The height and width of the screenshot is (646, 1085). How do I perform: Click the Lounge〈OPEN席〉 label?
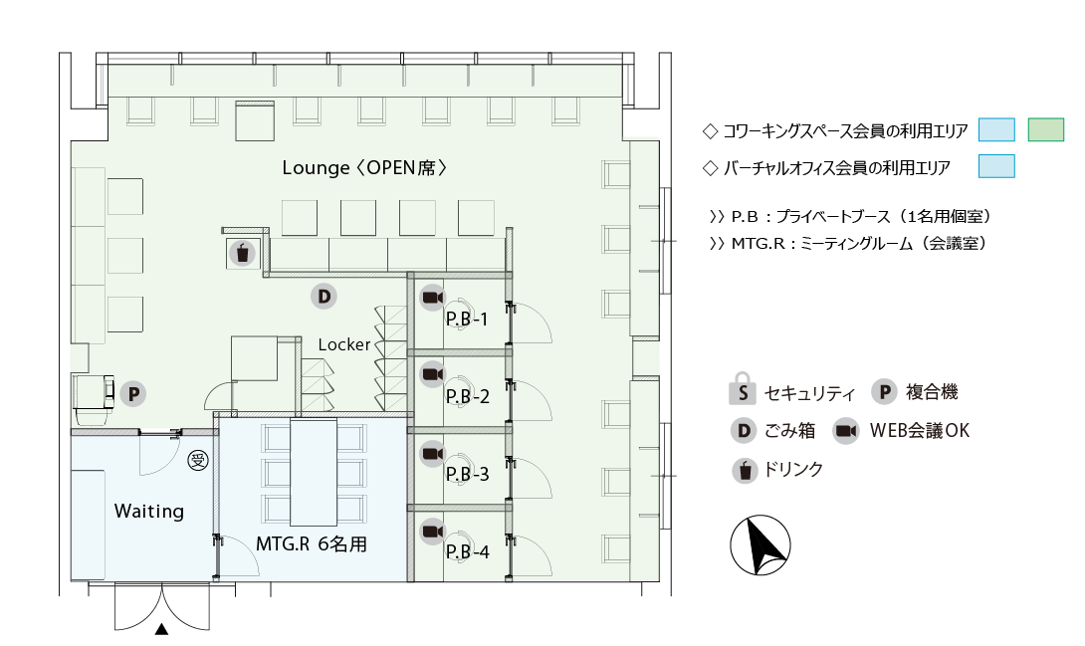tap(364, 168)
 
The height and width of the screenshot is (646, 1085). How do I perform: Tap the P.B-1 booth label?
tap(467, 319)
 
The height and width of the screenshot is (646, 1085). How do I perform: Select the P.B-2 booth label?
tap(467, 396)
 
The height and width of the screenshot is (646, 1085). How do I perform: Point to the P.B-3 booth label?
tap(467, 474)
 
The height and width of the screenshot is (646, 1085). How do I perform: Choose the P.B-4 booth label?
tap(467, 551)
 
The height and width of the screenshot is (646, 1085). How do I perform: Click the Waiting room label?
tap(148, 512)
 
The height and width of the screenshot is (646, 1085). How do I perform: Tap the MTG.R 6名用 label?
tap(312, 544)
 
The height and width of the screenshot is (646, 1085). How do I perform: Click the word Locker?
tap(343, 344)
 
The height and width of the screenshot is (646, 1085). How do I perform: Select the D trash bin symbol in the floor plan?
tap(324, 297)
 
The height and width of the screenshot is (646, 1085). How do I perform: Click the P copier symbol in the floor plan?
tap(133, 394)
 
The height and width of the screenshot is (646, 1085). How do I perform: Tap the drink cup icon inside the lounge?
tap(242, 253)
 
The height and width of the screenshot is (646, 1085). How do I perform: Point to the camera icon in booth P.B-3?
tap(432, 454)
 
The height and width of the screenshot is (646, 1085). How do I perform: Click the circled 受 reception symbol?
tap(199, 461)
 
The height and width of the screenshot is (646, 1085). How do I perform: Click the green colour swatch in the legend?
tap(1045, 130)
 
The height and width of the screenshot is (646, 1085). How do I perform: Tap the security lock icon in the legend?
tap(742, 389)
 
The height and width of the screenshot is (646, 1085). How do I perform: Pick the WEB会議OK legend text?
tap(920, 431)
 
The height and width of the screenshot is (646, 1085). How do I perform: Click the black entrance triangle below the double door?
tap(161, 629)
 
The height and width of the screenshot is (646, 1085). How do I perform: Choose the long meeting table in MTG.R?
tap(314, 472)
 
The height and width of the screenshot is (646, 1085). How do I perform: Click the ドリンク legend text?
tap(793, 470)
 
